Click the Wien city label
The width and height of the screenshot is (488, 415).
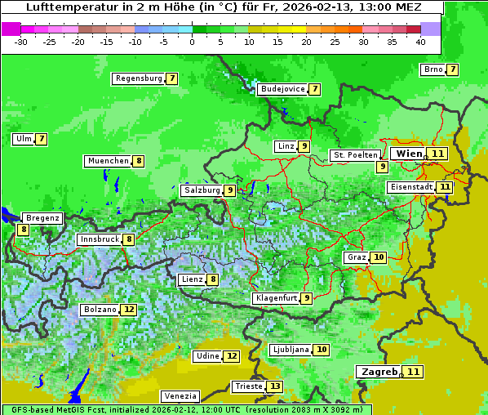[409, 154]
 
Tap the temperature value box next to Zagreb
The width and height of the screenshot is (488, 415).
[415, 372]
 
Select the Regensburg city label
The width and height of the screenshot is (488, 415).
[138, 78]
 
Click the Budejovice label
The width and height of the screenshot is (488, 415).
[282, 89]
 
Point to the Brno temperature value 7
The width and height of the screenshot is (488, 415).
[452, 69]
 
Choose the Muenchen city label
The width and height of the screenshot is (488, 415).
[108, 161]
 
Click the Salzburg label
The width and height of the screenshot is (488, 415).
[202, 190]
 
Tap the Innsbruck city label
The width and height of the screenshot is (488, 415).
[99, 239]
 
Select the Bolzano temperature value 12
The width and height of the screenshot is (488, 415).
[129, 310]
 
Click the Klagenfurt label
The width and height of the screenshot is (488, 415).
[276, 298]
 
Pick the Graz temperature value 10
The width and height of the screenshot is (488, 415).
[378, 257]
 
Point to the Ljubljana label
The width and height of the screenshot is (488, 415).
[290, 350]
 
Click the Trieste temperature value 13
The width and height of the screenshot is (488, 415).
[275, 386]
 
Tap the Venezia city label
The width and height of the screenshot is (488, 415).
[180, 395]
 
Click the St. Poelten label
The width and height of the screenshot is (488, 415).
[355, 154]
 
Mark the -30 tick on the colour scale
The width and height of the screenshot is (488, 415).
[21, 41]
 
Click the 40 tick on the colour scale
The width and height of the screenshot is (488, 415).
[420, 41]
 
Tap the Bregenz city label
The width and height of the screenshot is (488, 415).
[42, 218]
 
